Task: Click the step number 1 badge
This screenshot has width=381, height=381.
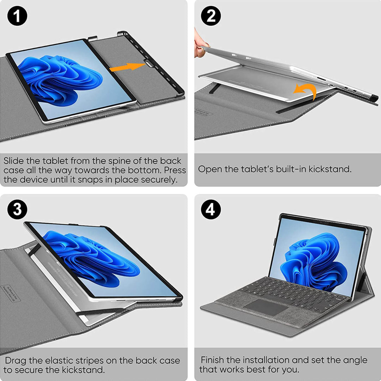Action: pos(17,16)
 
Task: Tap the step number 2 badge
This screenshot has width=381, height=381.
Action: pos(211,16)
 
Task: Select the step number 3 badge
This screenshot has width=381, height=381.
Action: pos(17,210)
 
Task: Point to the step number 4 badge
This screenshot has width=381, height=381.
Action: pos(211,210)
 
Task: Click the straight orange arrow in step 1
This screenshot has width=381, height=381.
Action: pos(127,67)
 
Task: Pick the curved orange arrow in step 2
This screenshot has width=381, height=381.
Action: pos(307,90)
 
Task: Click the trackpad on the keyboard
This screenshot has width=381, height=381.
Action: pos(266,307)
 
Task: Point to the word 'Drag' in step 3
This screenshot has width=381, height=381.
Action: pos(16,361)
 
